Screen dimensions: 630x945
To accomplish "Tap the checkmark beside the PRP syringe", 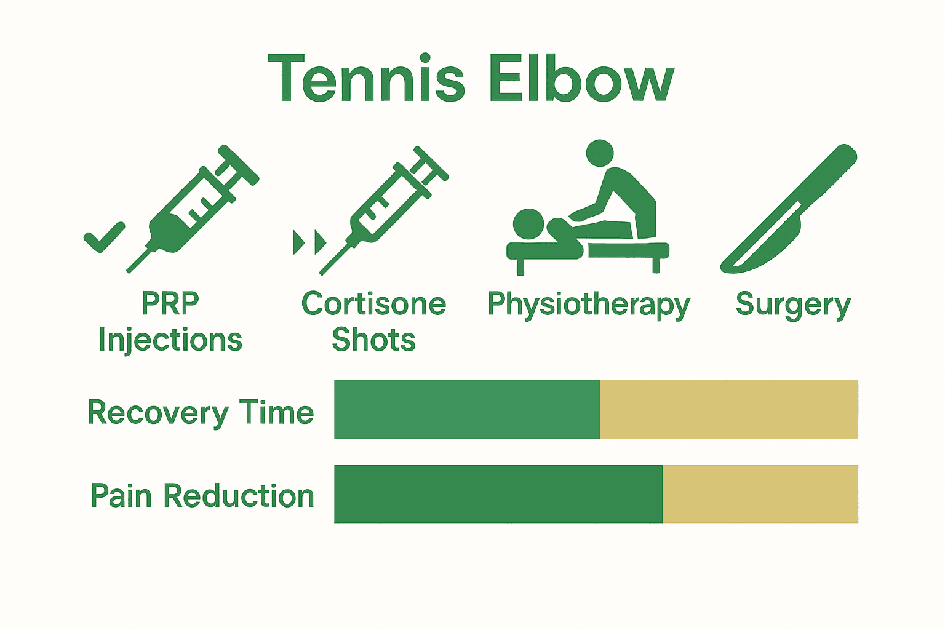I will [x=104, y=237].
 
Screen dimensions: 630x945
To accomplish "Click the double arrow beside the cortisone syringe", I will [x=309, y=242].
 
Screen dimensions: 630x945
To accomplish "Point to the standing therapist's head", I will [x=600, y=153].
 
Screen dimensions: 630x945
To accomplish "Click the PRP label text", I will [x=170, y=303].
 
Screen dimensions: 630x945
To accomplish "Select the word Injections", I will [x=170, y=340].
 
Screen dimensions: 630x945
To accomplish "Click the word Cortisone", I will [x=373, y=304].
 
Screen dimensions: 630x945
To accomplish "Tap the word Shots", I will [x=373, y=340].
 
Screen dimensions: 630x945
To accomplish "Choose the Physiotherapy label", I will [x=589, y=305].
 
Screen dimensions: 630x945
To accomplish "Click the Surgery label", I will [x=793, y=305].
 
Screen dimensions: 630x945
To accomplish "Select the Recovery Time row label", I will [x=201, y=412].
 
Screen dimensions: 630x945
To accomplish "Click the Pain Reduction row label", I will [x=202, y=496].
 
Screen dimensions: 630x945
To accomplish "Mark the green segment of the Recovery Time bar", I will [x=467, y=410].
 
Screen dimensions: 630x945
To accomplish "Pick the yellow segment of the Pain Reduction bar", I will [x=760, y=494].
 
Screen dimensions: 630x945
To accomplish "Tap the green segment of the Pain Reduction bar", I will [x=498, y=494].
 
